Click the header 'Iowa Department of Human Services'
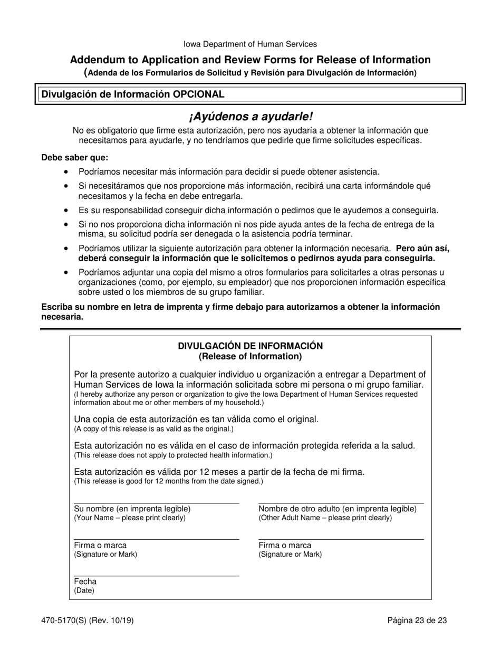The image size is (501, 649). [250, 44]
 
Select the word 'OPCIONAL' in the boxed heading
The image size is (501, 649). [199, 94]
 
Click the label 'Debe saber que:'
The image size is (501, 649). [74, 157]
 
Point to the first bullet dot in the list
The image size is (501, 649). [66, 172]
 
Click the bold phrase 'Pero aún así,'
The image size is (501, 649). [422, 249]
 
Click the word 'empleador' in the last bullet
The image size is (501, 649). [215, 282]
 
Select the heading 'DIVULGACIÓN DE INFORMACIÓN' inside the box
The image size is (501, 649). [250, 346]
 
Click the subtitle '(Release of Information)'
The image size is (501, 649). [250, 356]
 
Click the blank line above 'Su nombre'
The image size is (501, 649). [156, 503]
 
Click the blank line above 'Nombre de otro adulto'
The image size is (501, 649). [341, 503]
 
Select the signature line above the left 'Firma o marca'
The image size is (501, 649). [156, 539]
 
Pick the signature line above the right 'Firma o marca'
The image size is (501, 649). [341, 539]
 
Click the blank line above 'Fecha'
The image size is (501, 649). [156, 576]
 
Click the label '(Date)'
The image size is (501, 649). [84, 590]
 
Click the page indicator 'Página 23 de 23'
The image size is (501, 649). [417, 621]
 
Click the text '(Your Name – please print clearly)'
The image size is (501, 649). [130, 518]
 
